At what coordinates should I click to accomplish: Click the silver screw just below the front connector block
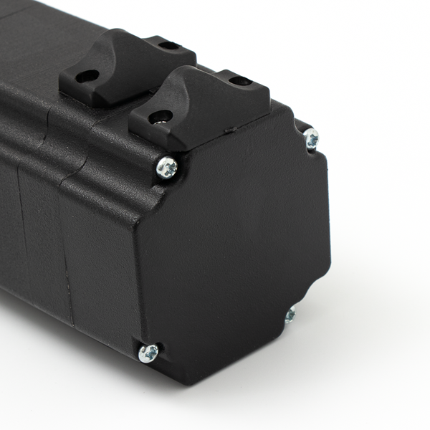tap(167, 168)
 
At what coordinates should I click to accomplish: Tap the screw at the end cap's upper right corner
tap(311, 138)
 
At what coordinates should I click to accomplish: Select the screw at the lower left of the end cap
tap(148, 352)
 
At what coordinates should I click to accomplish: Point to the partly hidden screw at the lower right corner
tap(290, 314)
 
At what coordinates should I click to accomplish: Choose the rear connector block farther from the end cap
tap(125, 69)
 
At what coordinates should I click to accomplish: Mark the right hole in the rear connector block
tap(169, 46)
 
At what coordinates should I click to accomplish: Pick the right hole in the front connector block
tap(242, 80)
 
